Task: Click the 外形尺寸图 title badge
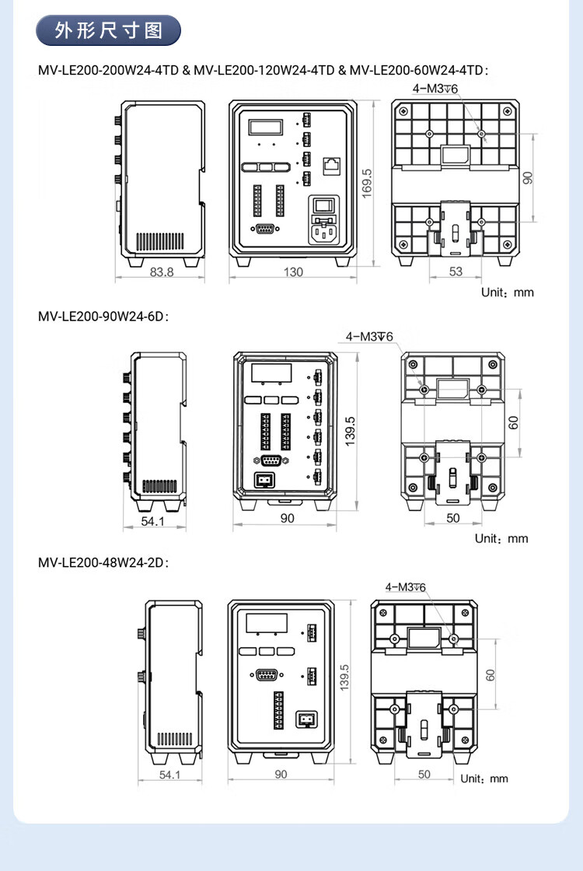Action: tap(108, 30)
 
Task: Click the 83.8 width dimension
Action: tap(161, 272)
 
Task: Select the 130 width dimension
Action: tap(293, 272)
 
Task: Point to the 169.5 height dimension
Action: tap(366, 184)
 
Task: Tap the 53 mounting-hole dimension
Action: tap(456, 271)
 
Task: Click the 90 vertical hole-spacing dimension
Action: tap(528, 178)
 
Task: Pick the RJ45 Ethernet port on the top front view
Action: tap(331, 166)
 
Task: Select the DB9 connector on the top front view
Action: tap(265, 229)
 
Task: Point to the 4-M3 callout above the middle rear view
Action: tap(369, 337)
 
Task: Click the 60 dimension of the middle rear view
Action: tap(514, 423)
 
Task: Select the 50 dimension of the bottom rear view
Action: tap(424, 775)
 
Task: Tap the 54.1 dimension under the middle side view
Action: tap(152, 521)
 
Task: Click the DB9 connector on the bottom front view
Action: tap(267, 675)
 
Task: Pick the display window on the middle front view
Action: tap(271, 373)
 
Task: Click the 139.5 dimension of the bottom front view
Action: tap(344, 677)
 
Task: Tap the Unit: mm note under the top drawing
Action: tap(508, 292)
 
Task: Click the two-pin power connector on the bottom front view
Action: tap(306, 719)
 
